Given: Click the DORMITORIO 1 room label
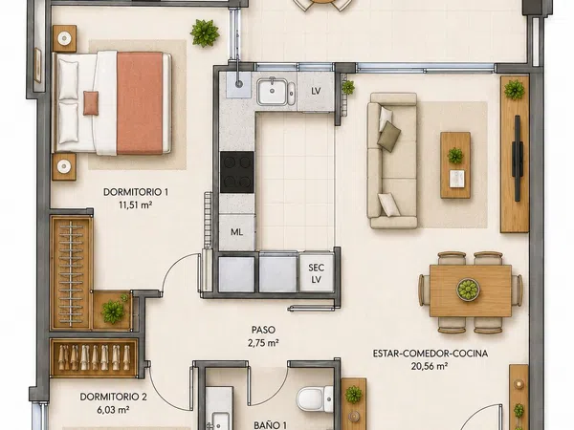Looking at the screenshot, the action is pos(136,192).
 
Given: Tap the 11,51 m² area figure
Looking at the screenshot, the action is pos(135,204).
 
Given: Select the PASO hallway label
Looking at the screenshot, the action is pos(263,330).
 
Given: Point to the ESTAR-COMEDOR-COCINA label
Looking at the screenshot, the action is pos(430,354).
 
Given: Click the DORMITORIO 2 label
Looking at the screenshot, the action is pos(113,397).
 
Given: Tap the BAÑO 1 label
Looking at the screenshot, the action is pos(270,425).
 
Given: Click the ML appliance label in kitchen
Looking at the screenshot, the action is pos(237,232).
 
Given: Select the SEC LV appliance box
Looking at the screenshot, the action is pos(317,273).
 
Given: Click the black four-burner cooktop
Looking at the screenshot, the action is pos(237,172).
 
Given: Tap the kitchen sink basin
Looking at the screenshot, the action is pos(273,92).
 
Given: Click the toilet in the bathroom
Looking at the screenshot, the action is pos(315,398).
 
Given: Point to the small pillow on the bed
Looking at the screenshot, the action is pos(91,103).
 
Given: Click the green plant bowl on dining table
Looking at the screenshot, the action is pos(468,290).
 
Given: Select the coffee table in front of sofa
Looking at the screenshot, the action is pos(455,165).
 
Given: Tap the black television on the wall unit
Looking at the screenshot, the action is pos(517,158).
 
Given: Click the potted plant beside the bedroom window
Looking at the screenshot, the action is pos(205,32).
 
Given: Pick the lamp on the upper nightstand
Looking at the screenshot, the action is pos(64,38).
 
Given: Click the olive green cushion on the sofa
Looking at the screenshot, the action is pos(388,136).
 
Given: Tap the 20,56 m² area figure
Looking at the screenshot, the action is pos(430,366).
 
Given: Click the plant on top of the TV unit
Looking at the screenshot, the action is pos(515,90).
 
